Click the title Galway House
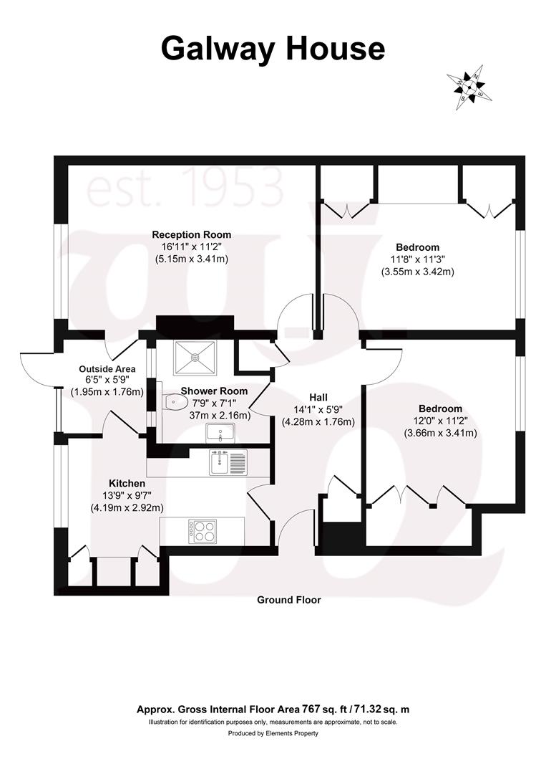pyautogui.click(x=273, y=49)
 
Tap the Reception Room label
pyautogui.click(x=191, y=234)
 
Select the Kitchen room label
pyautogui.click(x=127, y=484)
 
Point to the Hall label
pyautogui.click(x=318, y=397)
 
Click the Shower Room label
pyautogui.click(x=214, y=391)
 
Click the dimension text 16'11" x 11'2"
pyautogui.click(x=191, y=247)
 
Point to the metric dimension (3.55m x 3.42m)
pyautogui.click(x=418, y=272)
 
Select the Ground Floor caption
pyautogui.click(x=289, y=600)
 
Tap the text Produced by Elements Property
pyautogui.click(x=273, y=733)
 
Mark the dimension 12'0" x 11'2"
pyautogui.click(x=440, y=421)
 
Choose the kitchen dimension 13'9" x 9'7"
pyautogui.click(x=127, y=496)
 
